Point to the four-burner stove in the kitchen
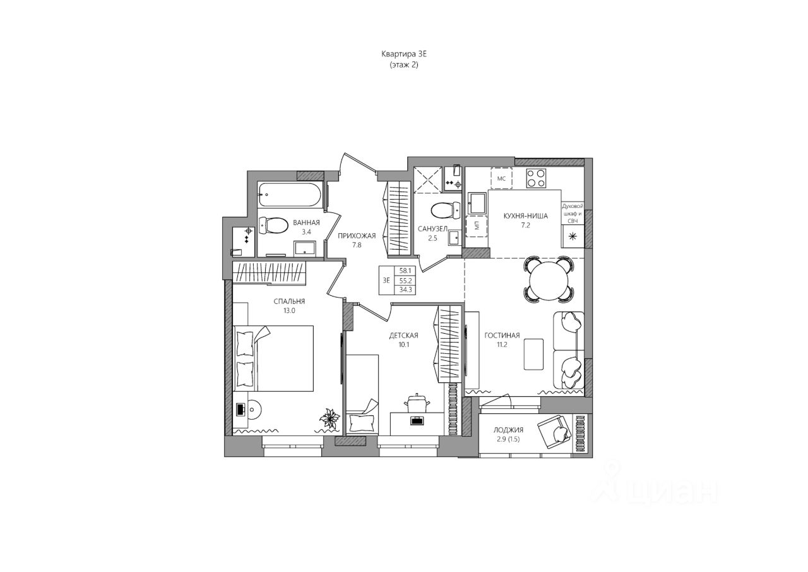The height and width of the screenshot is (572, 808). [537, 178]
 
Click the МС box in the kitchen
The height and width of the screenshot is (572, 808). [502, 178]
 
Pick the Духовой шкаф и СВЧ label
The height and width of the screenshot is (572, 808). [573, 212]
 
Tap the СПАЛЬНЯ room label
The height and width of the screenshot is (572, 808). [289, 301]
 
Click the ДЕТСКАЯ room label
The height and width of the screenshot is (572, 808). [403, 335]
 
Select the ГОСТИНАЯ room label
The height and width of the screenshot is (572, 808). [502, 336]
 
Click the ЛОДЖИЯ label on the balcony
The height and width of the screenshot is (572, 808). [508, 430]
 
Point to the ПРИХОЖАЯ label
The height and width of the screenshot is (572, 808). [357, 236]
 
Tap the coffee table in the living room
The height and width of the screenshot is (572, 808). [533, 355]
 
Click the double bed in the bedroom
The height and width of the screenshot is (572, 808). [275, 358]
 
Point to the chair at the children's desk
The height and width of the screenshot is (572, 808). [416, 405]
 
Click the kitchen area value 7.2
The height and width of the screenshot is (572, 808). [525, 225]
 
